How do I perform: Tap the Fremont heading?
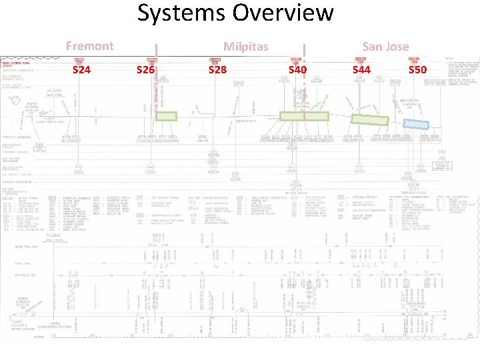[x=89, y=46]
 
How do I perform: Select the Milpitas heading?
[x=246, y=47]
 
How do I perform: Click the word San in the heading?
[x=371, y=46]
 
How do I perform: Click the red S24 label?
[x=82, y=69]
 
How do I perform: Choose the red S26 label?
[x=145, y=69]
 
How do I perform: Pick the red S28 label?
[x=218, y=69]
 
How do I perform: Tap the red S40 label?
[x=297, y=69]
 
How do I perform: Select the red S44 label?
[x=361, y=69]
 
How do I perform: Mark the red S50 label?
[x=417, y=69]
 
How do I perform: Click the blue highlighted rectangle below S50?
[x=416, y=124]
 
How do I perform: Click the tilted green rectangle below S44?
[x=369, y=120]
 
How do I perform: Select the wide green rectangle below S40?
[x=304, y=116]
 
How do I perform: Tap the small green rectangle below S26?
[x=167, y=116]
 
